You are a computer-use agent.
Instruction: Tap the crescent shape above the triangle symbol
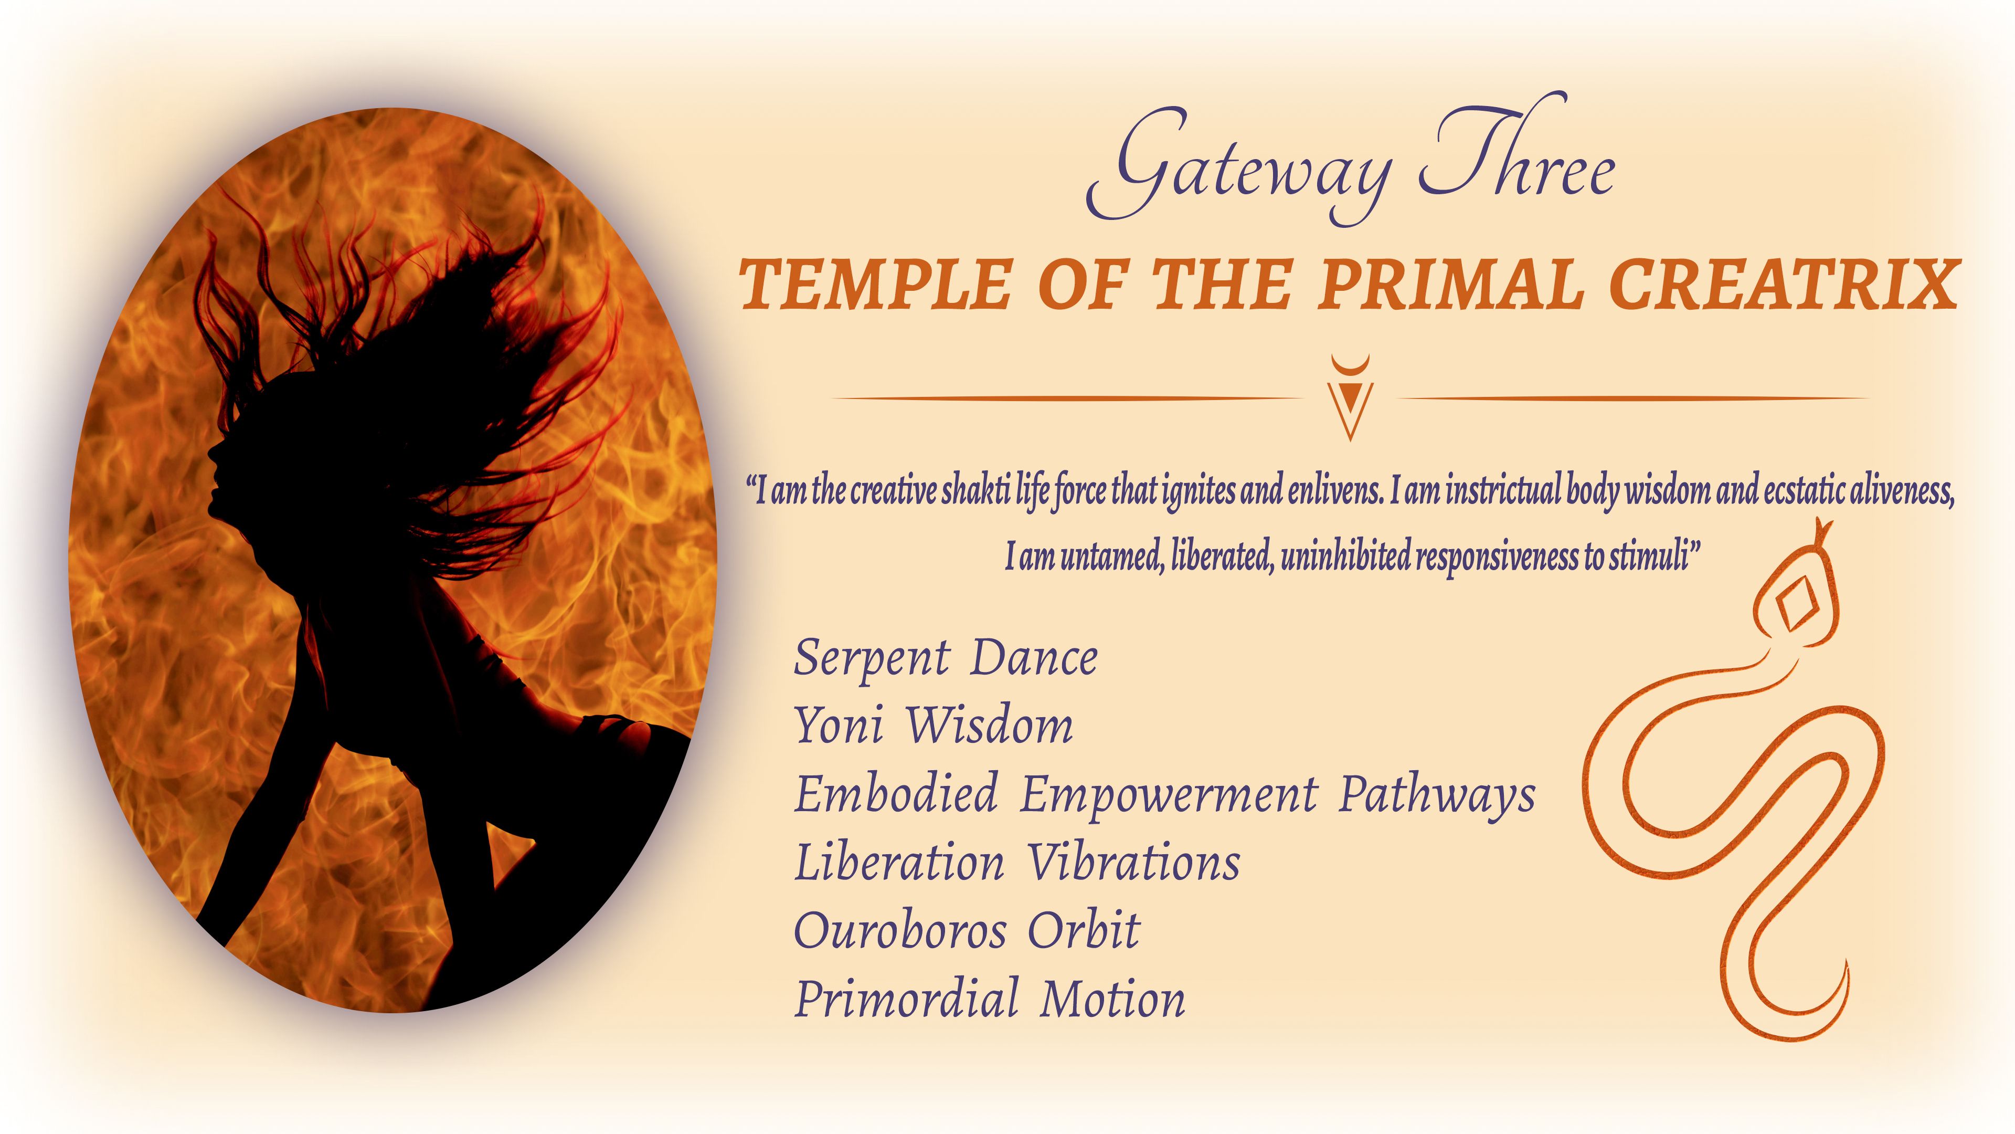(x=1350, y=364)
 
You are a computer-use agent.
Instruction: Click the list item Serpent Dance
(x=946, y=658)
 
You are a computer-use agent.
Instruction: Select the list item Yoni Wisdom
(x=933, y=726)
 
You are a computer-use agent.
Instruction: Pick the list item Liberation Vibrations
(x=1017, y=863)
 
